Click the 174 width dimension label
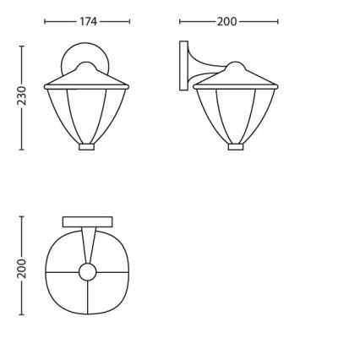[88, 22]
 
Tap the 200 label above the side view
[226, 22]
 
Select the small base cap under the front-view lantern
[87, 146]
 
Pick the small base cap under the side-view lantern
[236, 146]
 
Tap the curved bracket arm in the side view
[205, 68]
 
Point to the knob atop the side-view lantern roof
[236, 63]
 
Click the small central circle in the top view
[88, 272]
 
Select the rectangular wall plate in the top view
[88, 221]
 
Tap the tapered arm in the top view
[88, 245]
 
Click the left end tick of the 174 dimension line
[45, 22]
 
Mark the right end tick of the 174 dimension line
[130, 22]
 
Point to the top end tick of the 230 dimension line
[22, 46]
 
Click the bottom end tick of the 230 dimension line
[22, 150]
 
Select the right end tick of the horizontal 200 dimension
[278, 22]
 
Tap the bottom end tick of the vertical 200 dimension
[22, 313]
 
